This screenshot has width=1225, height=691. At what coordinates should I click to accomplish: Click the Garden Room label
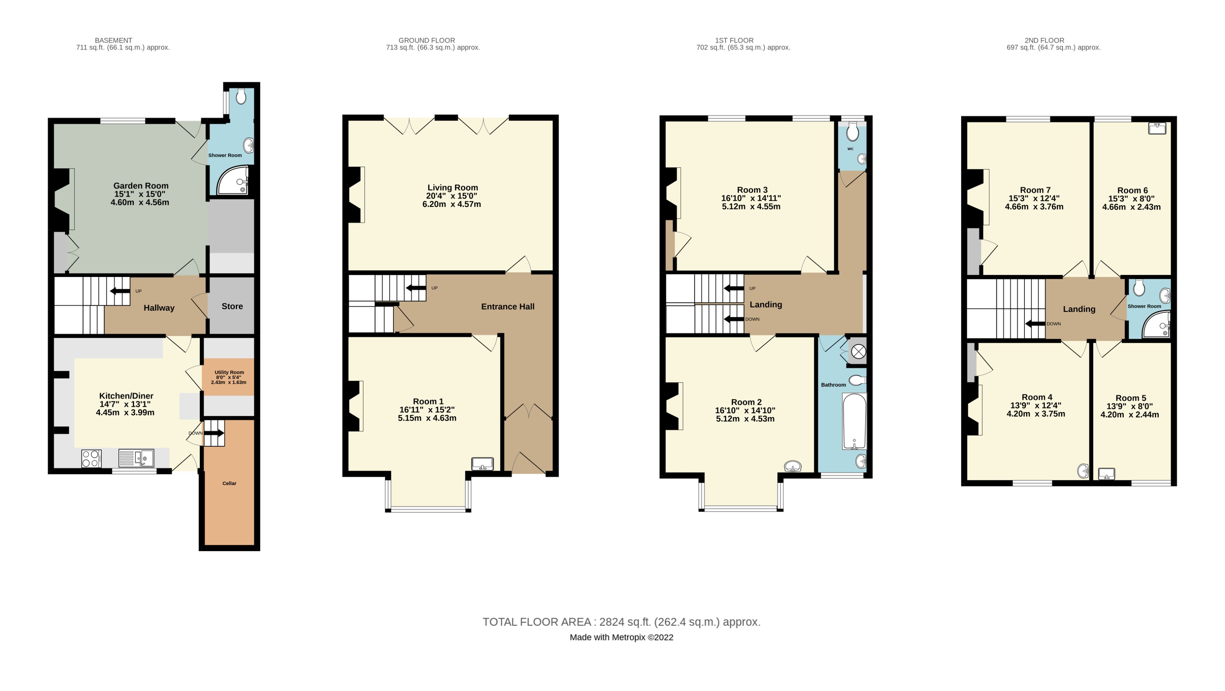click(x=141, y=186)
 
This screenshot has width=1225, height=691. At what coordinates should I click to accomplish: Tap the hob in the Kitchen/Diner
click(x=91, y=458)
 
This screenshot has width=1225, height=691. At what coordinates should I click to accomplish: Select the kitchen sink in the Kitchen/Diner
click(x=136, y=458)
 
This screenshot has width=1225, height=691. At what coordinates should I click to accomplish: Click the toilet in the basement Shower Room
click(x=241, y=97)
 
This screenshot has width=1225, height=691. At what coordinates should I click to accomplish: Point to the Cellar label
click(x=229, y=483)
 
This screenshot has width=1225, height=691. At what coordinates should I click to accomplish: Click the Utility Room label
click(x=229, y=372)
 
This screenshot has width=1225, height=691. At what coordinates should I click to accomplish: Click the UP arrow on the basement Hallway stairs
click(x=120, y=291)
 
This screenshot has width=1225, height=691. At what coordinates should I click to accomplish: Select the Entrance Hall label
click(x=507, y=307)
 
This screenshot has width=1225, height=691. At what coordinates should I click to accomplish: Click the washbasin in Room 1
click(x=482, y=464)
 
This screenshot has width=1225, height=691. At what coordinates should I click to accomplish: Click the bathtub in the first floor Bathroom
click(x=854, y=421)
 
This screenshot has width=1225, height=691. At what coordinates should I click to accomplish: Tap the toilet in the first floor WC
click(x=853, y=132)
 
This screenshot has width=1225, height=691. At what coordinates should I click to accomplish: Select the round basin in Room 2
click(x=793, y=466)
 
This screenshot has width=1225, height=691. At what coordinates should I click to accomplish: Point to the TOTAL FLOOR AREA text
click(x=621, y=622)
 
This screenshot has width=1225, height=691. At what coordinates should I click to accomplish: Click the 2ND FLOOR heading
click(x=1044, y=41)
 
